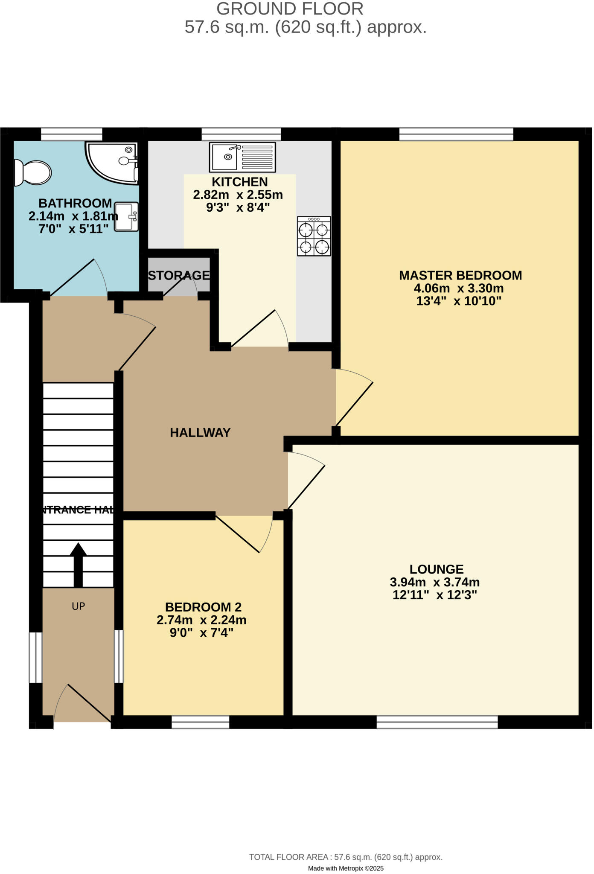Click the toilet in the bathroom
tap(32, 173)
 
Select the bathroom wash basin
tap(127, 217)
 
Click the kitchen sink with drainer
tap(242, 157)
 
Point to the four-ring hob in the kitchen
tap(314, 236)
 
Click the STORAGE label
tap(179, 276)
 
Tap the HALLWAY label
tap(200, 433)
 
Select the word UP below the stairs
tap(78, 606)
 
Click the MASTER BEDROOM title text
tap(460, 276)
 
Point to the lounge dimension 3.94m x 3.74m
tap(435, 582)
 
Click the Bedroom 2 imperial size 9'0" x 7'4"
tap(201, 632)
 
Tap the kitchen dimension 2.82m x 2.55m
tap(238, 195)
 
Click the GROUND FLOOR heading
tap(290, 9)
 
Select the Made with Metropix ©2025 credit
tap(346, 868)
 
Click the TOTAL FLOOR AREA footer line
tap(346, 857)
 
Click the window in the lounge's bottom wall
tap(437, 722)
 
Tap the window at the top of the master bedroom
tap(456, 134)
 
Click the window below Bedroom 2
tap(200, 722)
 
